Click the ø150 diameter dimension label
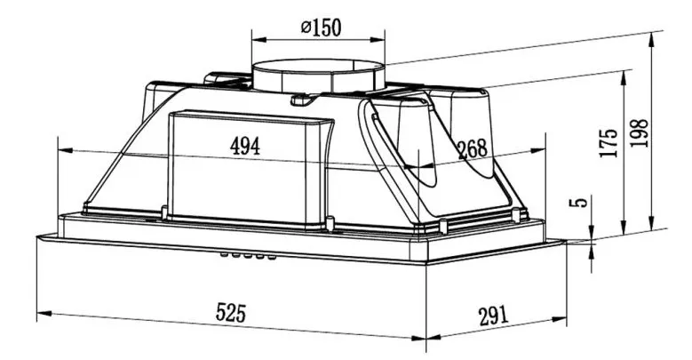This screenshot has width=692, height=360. (x=321, y=28)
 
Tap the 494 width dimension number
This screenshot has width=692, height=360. (x=245, y=146)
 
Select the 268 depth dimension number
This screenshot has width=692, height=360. (x=473, y=149)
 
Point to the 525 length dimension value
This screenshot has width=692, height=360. (x=230, y=313)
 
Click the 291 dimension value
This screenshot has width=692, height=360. (x=493, y=316)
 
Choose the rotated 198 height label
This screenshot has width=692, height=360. (x=639, y=133)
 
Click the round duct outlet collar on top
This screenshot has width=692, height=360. (x=318, y=76)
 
